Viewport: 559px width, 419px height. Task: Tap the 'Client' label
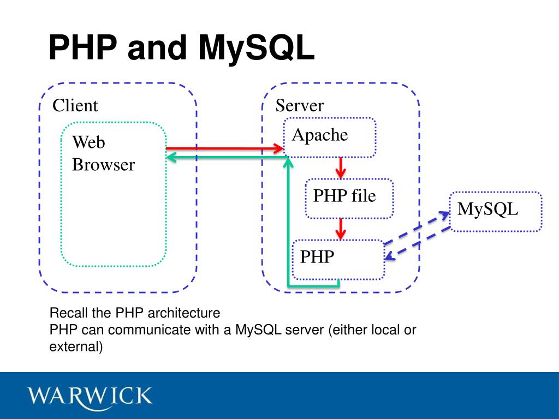(x=75, y=105)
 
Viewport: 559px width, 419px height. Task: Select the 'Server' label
(x=299, y=105)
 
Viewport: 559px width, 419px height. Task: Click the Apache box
(x=330, y=137)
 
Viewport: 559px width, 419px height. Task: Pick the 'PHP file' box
(x=349, y=198)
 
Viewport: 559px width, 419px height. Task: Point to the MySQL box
(x=495, y=211)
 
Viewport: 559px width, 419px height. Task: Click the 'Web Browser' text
(x=103, y=153)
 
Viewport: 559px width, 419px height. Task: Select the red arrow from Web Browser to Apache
(x=224, y=148)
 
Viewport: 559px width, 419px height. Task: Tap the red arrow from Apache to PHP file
(x=341, y=167)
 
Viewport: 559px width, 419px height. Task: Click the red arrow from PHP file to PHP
(x=341, y=229)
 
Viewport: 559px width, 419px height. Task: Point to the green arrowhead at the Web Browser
(x=171, y=157)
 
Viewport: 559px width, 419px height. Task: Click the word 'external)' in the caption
(x=76, y=346)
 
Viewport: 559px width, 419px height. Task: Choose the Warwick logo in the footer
(x=91, y=395)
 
